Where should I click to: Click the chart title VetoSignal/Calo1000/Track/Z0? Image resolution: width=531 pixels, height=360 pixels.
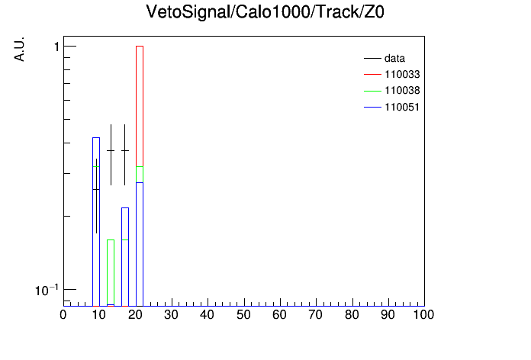point(265,12)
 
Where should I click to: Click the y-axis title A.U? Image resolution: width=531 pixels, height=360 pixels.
point(19,49)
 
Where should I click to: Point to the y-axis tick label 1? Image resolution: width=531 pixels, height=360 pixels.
point(56,47)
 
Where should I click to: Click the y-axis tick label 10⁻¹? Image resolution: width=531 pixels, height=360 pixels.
point(47,291)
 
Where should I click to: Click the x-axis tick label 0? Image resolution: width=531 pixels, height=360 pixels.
point(63,315)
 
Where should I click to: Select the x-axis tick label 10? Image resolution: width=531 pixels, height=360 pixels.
point(99,315)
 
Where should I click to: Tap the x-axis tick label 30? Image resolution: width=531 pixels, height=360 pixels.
point(171,315)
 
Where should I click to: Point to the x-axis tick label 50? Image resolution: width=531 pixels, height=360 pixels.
point(243,315)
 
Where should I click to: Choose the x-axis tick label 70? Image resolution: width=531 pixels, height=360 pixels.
point(315,315)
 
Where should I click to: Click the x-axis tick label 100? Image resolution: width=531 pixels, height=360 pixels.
point(423,315)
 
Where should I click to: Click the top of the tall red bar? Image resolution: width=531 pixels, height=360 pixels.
point(140,46)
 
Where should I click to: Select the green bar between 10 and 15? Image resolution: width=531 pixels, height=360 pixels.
point(111,272)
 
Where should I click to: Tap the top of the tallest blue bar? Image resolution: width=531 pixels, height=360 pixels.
point(96,137)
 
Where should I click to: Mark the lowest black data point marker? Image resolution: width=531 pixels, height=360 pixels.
point(97,190)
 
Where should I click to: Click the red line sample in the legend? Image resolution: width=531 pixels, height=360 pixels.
point(372,75)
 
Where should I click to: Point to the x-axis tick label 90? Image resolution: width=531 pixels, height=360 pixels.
point(388,315)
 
